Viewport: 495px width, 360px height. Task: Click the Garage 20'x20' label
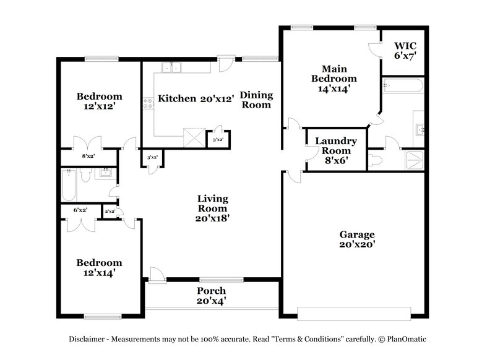point(357,239)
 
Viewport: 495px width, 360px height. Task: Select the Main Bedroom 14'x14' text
point(334,79)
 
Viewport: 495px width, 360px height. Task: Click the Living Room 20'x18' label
point(213,208)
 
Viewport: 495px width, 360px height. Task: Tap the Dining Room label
point(256,100)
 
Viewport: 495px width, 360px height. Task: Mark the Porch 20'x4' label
point(212,296)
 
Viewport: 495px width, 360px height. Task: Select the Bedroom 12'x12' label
point(99,101)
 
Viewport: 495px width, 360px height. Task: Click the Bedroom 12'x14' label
point(99,267)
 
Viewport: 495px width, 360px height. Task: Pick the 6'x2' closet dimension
point(80,210)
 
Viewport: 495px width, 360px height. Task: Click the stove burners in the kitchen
point(148,103)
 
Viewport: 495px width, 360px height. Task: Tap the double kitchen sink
point(171,67)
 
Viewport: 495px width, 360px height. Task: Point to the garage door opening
point(354,312)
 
